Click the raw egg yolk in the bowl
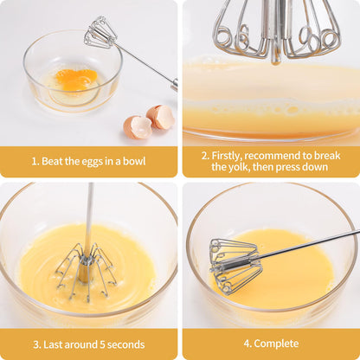77,80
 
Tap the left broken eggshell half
137,127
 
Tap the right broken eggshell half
160,116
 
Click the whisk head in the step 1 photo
100,33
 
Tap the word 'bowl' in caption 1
133,161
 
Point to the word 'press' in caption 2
293,167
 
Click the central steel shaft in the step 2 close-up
276,26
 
